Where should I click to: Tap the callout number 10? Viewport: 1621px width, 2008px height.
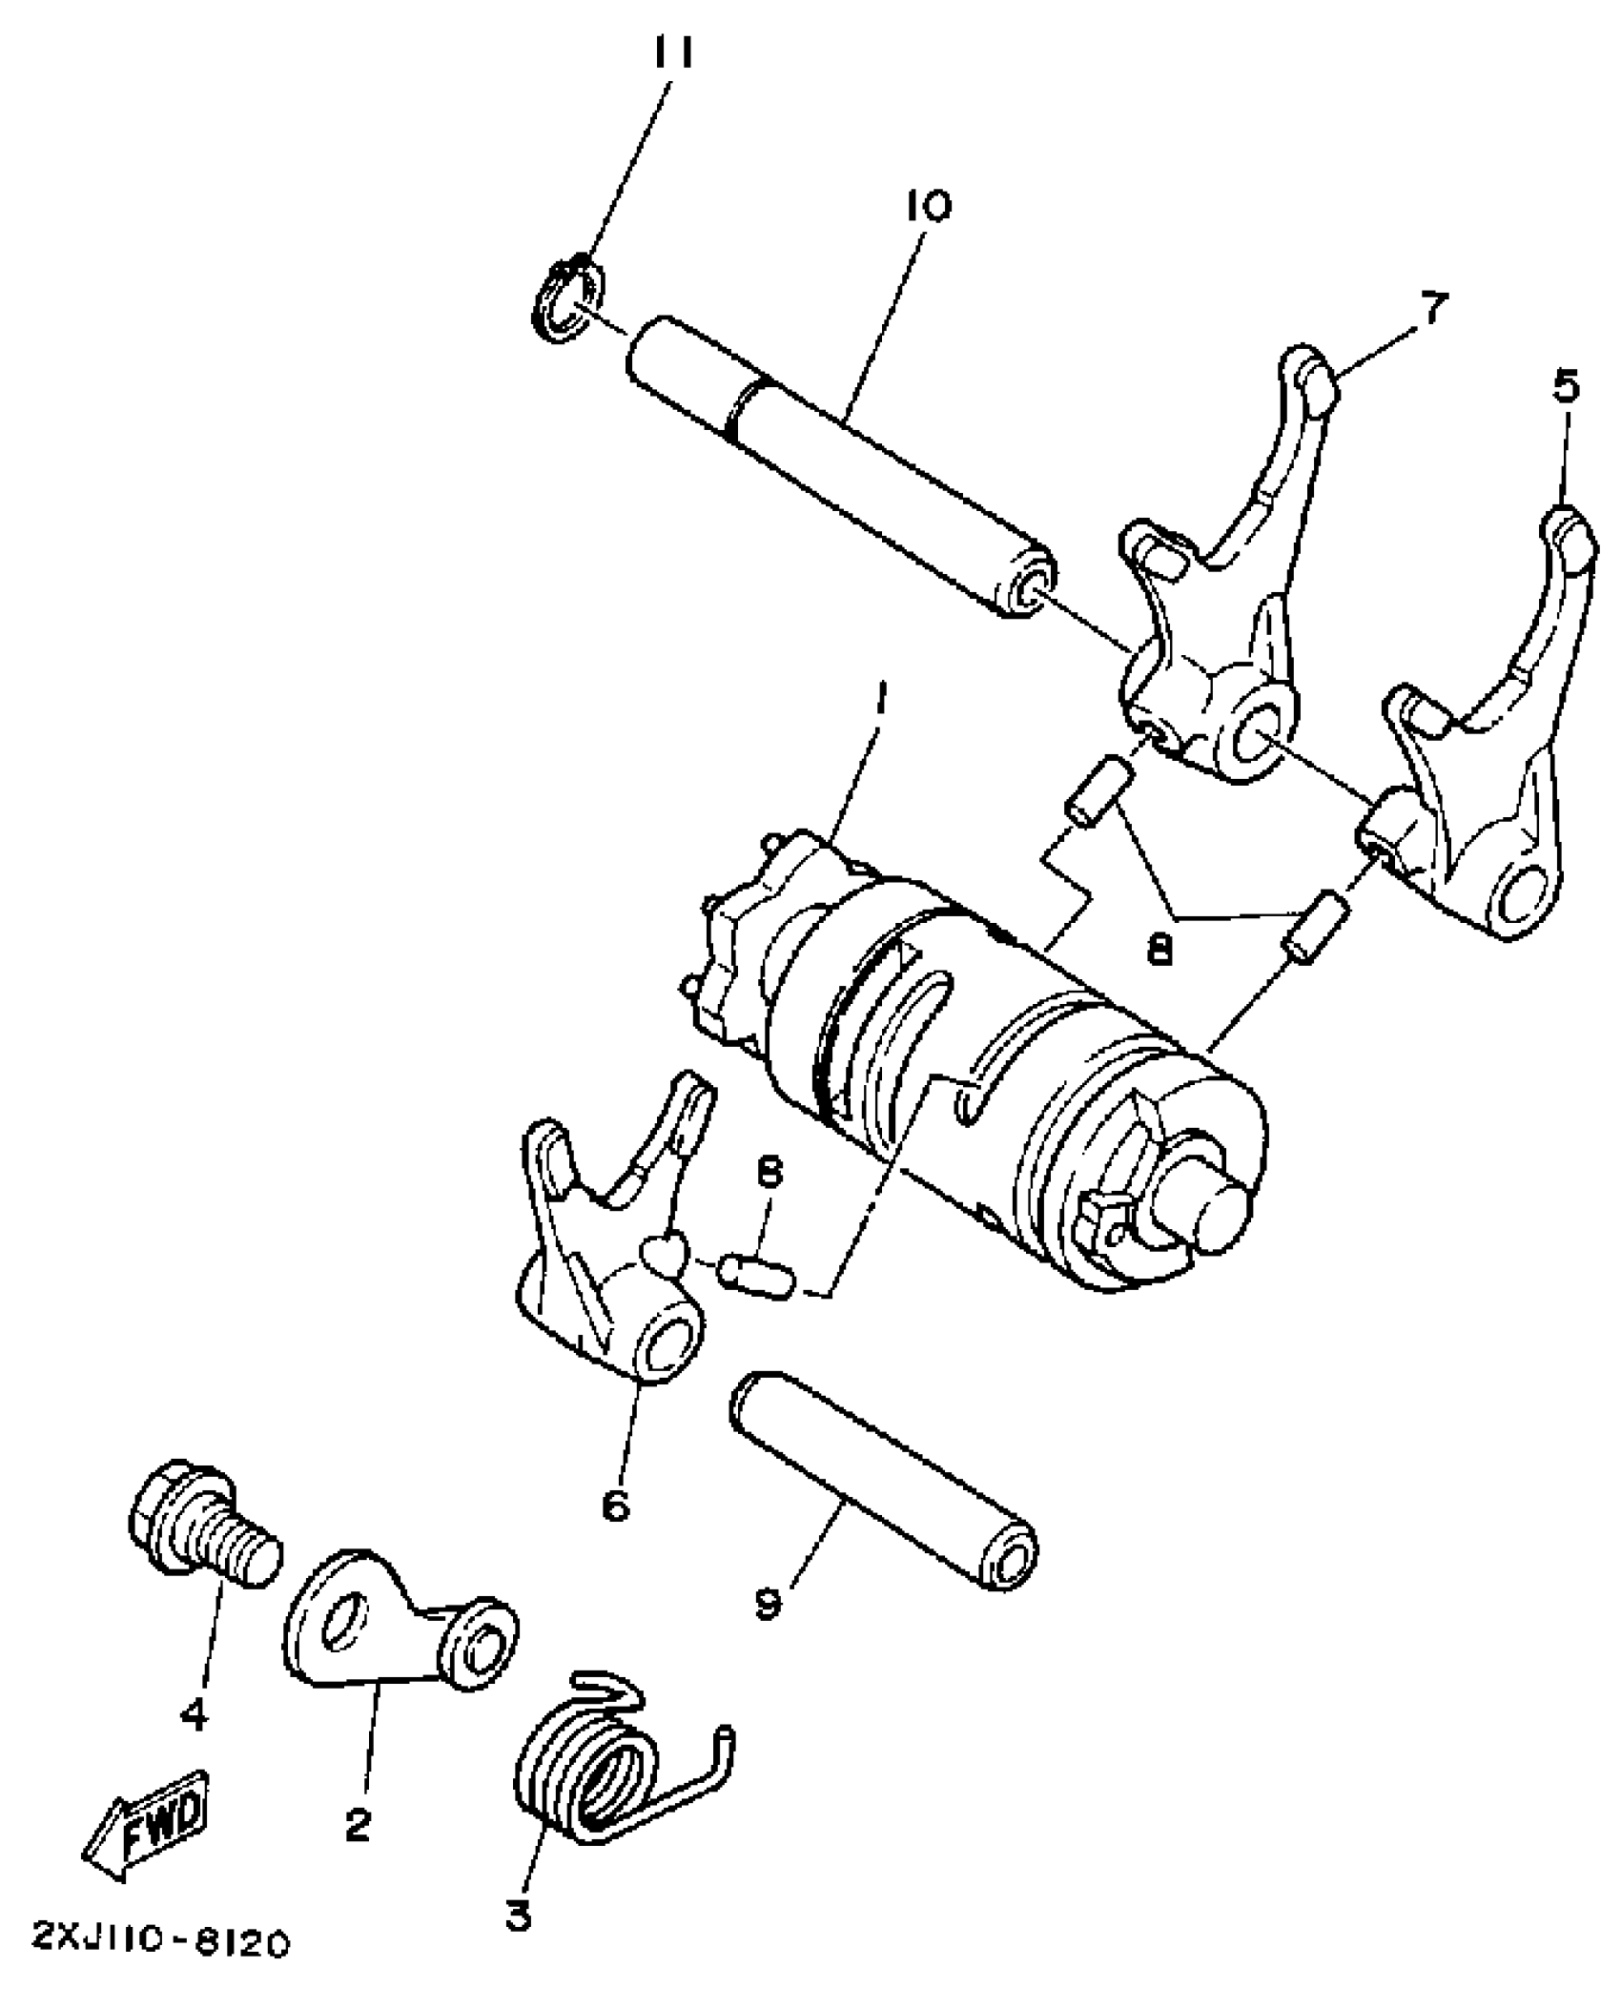pyautogui.click(x=922, y=205)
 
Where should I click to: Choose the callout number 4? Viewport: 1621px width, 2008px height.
pyautogui.click(x=193, y=1715)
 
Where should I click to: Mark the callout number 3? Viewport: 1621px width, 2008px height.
pyautogui.click(x=518, y=1936)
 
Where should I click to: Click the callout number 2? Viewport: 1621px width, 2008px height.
pyautogui.click(x=358, y=1825)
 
